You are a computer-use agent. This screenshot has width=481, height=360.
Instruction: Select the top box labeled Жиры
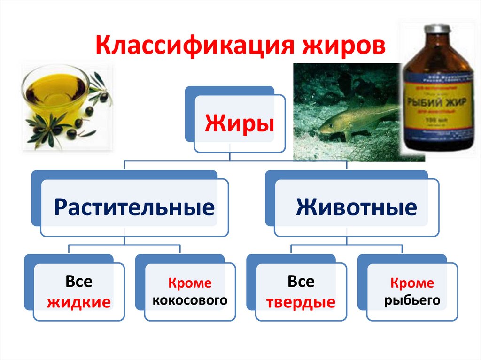click(x=239, y=125)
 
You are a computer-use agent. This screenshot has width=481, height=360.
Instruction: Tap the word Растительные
click(x=134, y=207)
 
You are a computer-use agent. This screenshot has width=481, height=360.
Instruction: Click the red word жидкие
click(x=79, y=302)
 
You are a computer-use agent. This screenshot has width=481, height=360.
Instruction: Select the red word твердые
click(x=301, y=302)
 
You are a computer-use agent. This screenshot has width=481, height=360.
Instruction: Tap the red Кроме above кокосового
click(x=190, y=283)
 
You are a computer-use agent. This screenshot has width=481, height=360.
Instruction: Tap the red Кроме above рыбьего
click(x=412, y=283)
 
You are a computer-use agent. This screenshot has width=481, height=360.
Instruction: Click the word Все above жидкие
click(x=79, y=282)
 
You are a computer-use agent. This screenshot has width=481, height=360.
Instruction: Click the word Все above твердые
click(x=301, y=282)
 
